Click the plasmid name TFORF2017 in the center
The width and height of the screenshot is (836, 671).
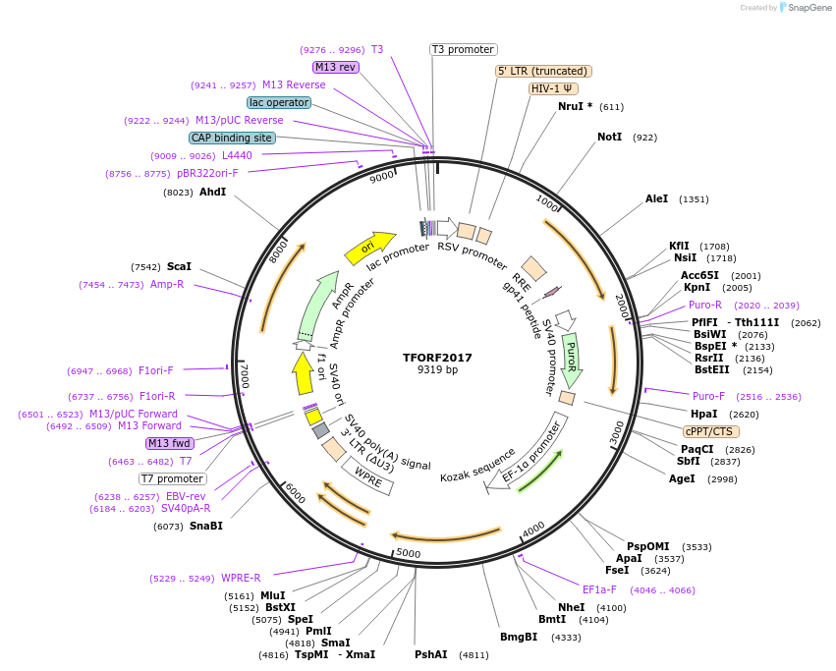point(437,357)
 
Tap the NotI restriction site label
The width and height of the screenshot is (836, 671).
point(609,138)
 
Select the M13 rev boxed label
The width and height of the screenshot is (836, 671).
point(335,67)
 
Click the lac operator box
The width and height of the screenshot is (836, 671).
point(279,102)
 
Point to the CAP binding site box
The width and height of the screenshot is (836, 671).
point(232,139)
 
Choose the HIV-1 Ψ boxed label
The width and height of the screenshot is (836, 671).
point(553,88)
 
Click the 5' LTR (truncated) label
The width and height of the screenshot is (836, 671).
point(542,71)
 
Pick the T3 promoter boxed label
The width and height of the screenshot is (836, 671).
point(464,49)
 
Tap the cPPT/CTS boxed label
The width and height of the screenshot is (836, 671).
point(711,431)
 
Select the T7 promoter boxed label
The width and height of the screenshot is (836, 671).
point(172,479)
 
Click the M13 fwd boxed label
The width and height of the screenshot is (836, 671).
point(170,443)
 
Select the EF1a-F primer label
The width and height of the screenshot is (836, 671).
point(599,589)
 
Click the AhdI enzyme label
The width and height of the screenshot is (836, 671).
point(212,193)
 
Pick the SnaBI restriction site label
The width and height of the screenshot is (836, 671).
point(205,527)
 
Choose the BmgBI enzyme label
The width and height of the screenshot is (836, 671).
point(519,638)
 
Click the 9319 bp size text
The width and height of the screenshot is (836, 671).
point(437,370)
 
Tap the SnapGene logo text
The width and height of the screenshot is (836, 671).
point(807,8)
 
